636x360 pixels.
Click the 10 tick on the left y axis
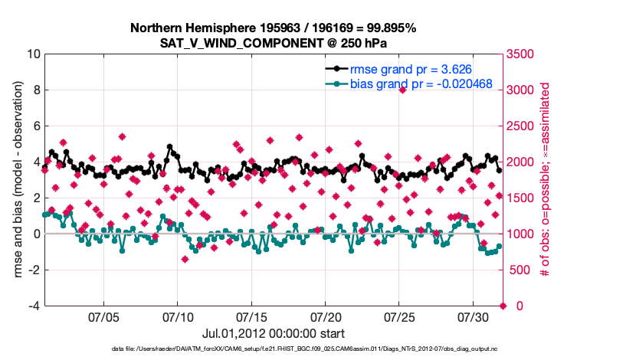click(x=33, y=54)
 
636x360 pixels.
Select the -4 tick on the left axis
click(x=34, y=306)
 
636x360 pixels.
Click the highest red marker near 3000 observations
click(x=402, y=90)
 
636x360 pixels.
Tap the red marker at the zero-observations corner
click(x=503, y=306)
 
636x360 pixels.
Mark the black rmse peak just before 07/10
click(x=169, y=146)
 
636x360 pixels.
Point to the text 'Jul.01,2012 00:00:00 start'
click(x=273, y=333)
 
